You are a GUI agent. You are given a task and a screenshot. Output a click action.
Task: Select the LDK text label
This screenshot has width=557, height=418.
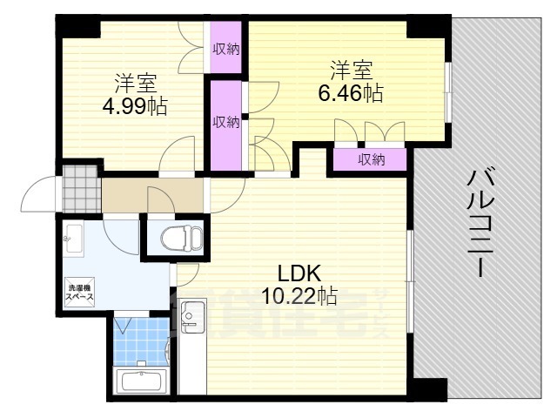pos(297,272)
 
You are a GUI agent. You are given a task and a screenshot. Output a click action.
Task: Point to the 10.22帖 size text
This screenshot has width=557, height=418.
pos(301,295)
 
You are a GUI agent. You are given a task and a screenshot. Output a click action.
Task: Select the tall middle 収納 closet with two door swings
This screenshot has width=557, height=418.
pos(226,123)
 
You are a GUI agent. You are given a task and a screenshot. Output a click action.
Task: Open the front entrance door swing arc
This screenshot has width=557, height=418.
pos(37,193)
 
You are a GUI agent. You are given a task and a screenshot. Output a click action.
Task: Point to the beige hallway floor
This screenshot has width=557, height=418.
pos(152,192)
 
